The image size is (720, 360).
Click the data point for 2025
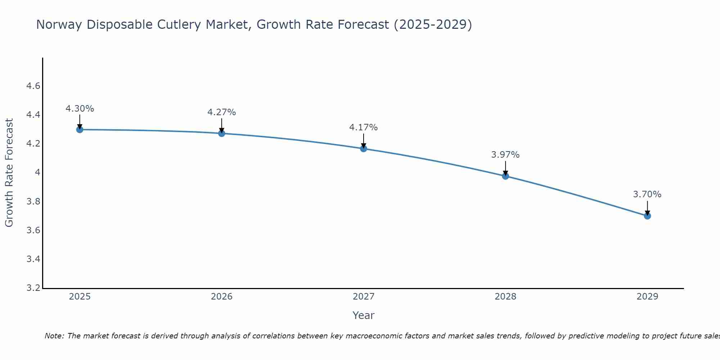tap(80, 130)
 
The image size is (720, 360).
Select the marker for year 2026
tap(222, 134)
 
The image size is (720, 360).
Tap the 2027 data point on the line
tap(364, 149)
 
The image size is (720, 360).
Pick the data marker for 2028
tap(505, 176)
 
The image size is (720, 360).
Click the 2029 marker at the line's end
tap(647, 216)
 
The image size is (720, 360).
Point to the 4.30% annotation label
tap(80, 109)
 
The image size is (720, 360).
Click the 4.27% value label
tap(222, 112)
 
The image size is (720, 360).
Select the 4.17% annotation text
tap(364, 127)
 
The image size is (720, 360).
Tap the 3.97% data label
tap(505, 155)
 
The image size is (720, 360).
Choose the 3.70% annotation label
tap(647, 194)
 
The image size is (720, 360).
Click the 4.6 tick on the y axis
tap(33, 86)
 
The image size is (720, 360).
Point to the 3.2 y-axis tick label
tap(33, 288)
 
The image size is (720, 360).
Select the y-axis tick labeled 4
tap(37, 172)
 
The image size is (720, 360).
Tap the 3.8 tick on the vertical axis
tap(33, 201)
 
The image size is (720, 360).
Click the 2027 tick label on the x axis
tap(364, 297)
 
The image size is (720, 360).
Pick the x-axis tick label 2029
tap(647, 297)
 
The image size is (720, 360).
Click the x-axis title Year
tap(364, 315)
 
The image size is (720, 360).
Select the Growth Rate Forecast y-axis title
tap(9, 173)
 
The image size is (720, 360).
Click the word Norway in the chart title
tap(59, 24)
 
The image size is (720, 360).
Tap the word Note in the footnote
tap(54, 336)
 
